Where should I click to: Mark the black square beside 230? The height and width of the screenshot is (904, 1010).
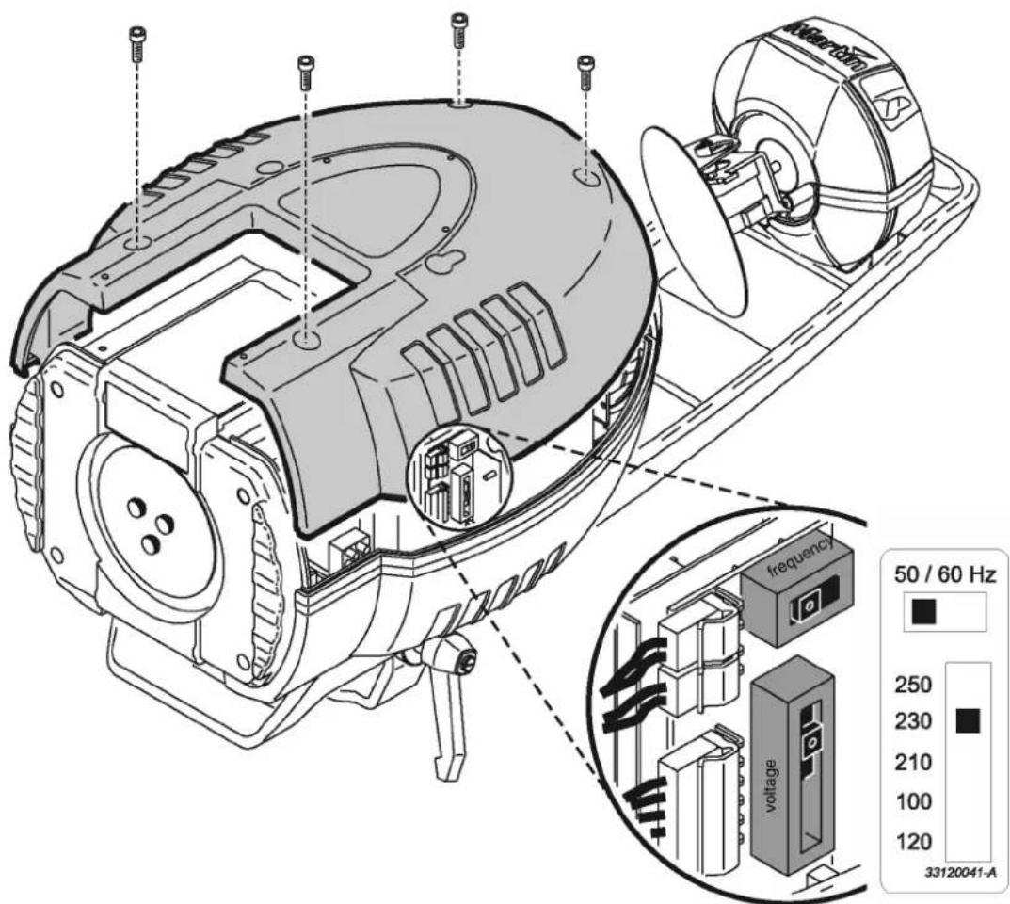pyautogui.click(x=968, y=722)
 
